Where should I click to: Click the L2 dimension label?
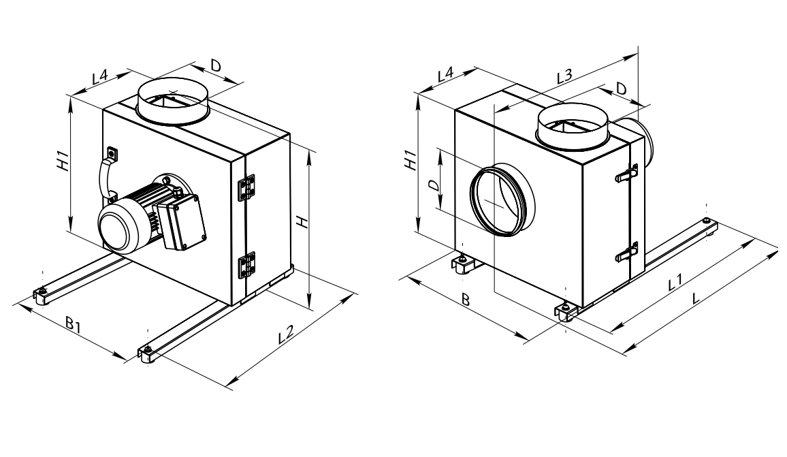point(285,334)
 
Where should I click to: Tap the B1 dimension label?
point(74,324)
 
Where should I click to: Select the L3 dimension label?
point(564,76)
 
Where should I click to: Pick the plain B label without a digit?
point(465,300)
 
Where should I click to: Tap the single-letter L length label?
point(695,298)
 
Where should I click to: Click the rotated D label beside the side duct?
point(434,185)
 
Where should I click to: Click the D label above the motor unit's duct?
point(215,65)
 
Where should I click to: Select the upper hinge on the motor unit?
point(246,187)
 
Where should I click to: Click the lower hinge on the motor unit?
point(246,265)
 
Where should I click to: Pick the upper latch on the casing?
point(627,173)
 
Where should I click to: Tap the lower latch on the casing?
point(627,251)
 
